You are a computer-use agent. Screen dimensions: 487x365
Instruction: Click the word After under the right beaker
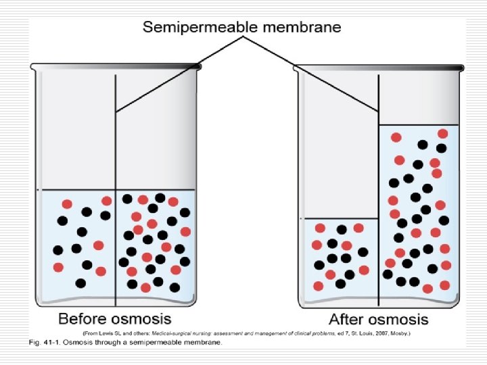[348, 319]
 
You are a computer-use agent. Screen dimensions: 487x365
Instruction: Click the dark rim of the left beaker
[115, 66]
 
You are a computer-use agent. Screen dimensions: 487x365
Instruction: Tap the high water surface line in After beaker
[419, 125]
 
